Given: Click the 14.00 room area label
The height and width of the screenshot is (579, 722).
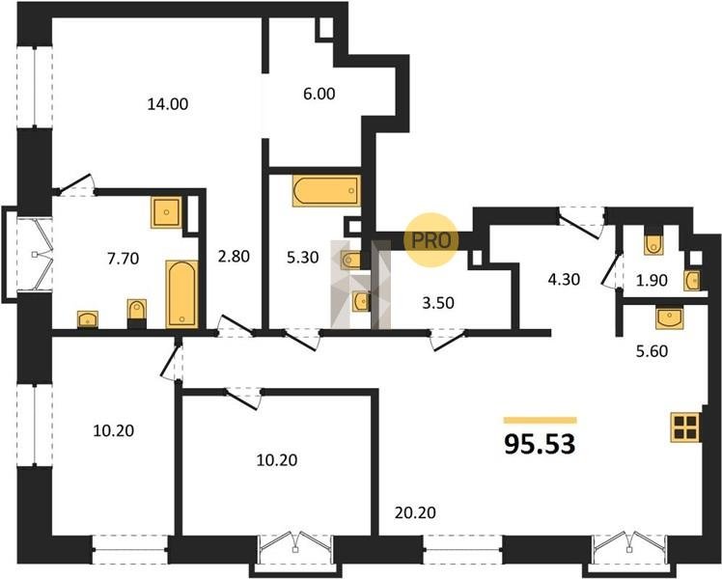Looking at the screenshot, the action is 168,104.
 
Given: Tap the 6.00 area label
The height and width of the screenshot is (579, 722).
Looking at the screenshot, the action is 319,94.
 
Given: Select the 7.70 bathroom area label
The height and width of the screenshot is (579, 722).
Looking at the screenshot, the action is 123,259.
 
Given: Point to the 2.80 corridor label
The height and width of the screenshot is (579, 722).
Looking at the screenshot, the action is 234,257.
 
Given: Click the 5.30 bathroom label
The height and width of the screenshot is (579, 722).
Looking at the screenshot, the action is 302,258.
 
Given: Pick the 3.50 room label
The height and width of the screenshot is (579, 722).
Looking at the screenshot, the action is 438,303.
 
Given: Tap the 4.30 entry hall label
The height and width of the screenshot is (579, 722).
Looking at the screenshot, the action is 564,280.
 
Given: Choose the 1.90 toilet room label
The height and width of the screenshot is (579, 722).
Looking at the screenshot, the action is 652,280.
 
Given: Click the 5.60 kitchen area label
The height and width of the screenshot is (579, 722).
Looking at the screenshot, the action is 652,351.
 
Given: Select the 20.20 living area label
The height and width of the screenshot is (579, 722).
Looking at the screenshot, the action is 415,512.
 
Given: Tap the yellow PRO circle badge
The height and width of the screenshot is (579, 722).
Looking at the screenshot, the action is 431,239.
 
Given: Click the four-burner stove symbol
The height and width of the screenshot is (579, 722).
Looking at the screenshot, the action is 685,427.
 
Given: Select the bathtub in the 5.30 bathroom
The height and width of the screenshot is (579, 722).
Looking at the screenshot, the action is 326,190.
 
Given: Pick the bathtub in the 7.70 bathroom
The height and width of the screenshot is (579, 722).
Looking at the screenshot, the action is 181,294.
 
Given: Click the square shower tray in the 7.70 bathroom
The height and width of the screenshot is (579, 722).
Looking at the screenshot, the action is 166,212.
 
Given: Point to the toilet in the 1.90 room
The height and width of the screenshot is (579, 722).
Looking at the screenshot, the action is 653,244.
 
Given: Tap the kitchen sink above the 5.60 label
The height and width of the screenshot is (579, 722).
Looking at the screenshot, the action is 670,318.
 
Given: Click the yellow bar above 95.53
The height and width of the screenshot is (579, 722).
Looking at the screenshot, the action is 541,420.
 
